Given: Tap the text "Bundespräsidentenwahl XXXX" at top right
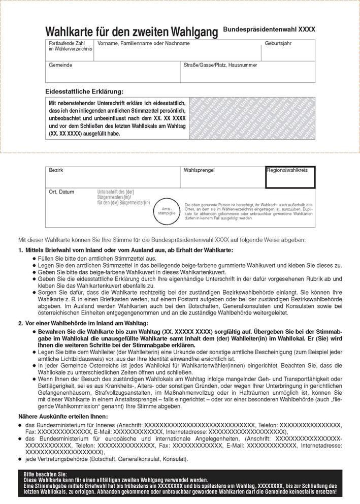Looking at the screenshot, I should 269,29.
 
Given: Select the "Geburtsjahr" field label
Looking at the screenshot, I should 278,44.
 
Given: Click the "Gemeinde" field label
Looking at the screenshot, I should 60,65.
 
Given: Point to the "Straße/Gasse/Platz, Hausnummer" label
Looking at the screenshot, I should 220,65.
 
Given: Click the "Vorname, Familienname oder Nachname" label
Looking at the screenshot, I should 144,44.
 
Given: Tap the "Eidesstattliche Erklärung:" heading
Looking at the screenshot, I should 84,91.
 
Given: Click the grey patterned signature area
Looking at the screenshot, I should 252,118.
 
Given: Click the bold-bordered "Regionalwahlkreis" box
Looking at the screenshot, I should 290,177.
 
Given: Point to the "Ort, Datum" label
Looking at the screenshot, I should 61,192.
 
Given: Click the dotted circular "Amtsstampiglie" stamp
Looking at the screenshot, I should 168,210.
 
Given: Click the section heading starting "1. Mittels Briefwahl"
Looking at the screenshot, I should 125,251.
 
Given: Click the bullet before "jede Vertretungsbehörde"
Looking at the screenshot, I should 20,460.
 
